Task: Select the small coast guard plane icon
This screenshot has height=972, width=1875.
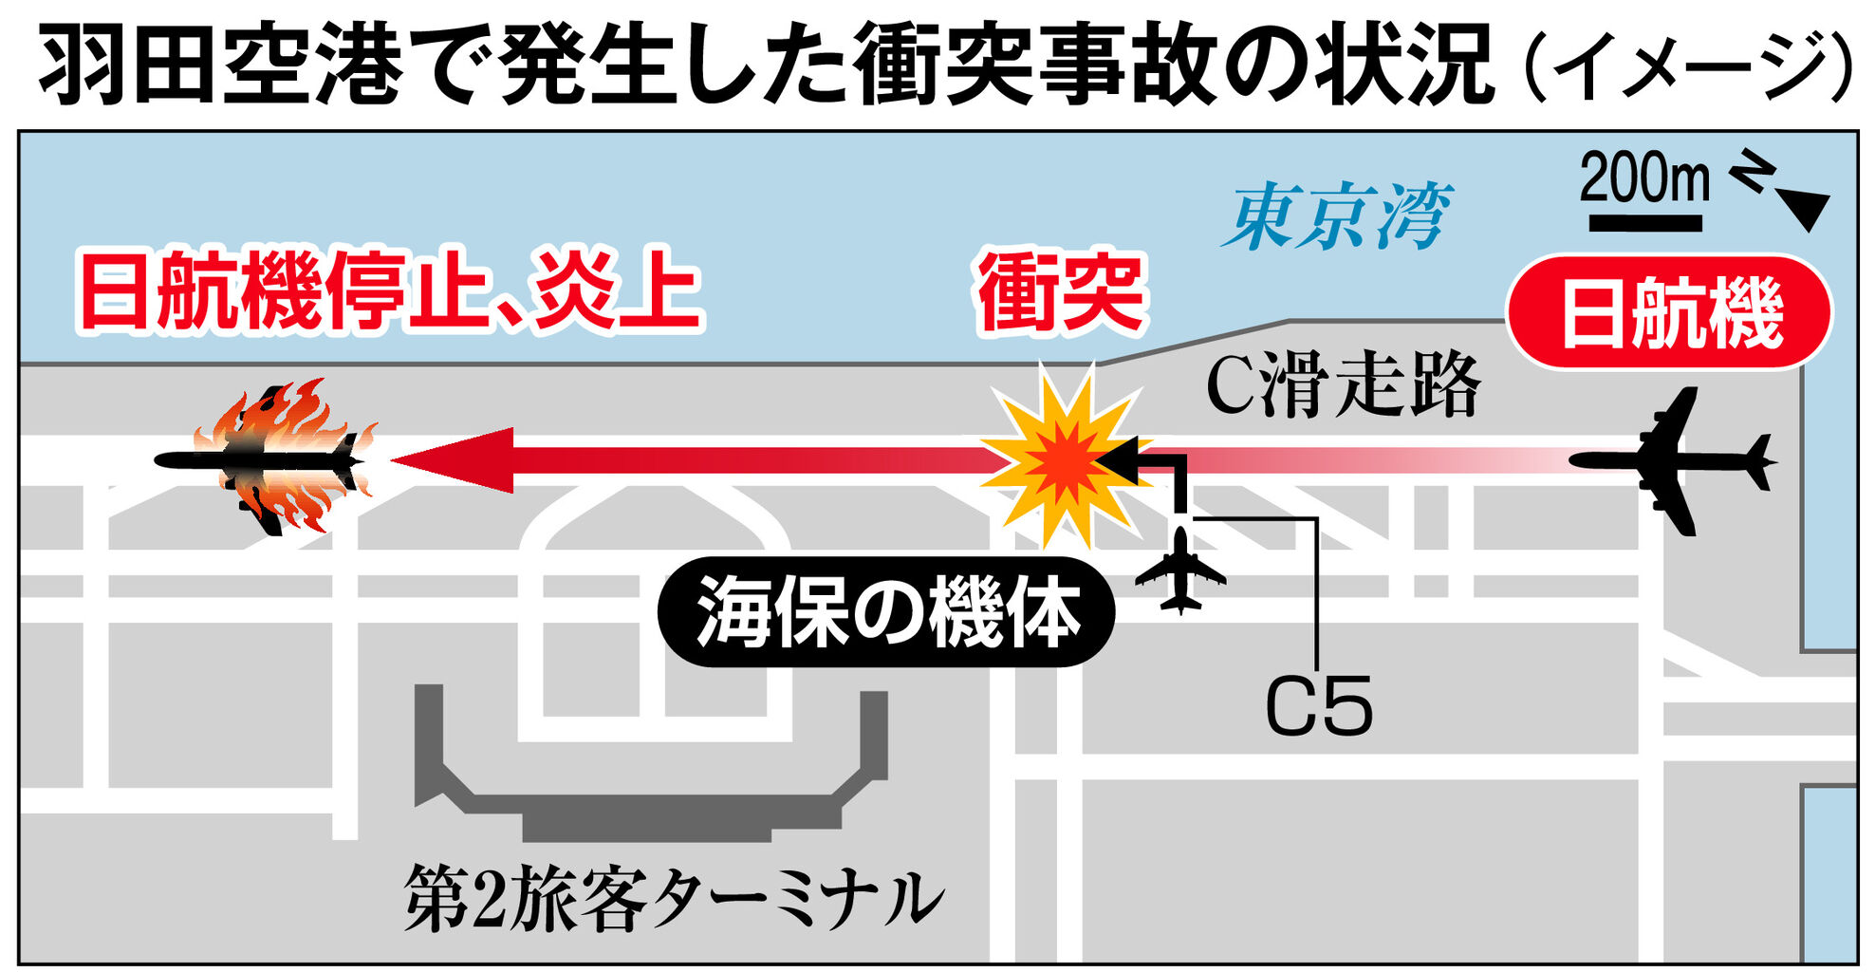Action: [1180, 571]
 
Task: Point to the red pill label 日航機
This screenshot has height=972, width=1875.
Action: [1670, 312]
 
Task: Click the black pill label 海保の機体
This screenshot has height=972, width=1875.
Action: [886, 611]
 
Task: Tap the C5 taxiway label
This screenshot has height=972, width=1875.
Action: [1318, 706]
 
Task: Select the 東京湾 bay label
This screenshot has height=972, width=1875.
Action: [1338, 216]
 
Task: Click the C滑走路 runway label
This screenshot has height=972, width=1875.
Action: [1342, 385]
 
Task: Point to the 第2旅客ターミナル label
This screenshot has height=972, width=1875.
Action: [674, 898]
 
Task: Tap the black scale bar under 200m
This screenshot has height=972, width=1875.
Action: [1644, 224]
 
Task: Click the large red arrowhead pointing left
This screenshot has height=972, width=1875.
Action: [455, 460]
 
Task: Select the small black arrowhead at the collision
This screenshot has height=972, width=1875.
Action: [1119, 460]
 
